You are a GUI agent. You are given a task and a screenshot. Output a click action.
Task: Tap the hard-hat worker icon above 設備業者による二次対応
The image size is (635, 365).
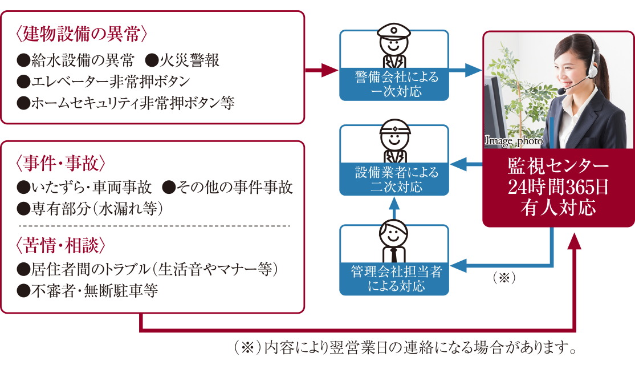point(394,141)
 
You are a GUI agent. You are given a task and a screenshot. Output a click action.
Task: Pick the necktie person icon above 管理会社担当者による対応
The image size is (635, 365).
point(394,239)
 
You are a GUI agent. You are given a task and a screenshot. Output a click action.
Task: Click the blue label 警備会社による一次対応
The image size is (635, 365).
point(394,83)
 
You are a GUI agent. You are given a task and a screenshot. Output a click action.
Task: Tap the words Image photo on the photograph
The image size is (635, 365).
point(514,139)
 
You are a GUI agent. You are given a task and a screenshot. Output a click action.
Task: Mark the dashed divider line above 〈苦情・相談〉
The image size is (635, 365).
point(154,226)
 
